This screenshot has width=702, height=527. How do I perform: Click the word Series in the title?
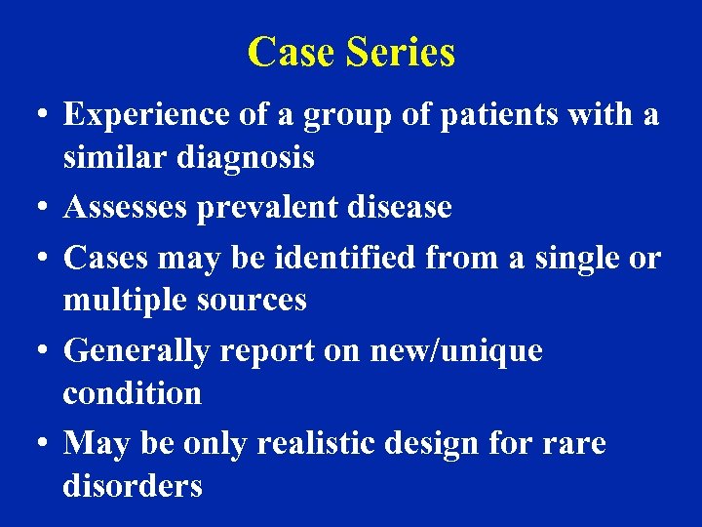399,53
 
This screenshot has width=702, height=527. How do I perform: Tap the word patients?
490,115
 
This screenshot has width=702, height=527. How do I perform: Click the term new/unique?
456,350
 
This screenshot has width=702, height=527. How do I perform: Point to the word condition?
132,394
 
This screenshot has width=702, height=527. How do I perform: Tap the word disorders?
133,486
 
